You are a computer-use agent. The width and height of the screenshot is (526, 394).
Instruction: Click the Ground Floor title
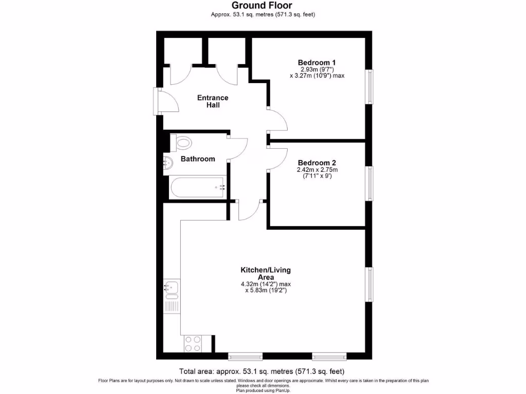point(262,6)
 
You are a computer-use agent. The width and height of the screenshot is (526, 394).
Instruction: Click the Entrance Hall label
point(213,101)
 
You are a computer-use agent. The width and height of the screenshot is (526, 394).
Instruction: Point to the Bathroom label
point(198,159)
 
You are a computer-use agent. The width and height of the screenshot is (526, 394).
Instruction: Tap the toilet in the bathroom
point(181,142)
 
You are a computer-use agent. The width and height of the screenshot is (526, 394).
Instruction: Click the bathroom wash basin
point(168,163)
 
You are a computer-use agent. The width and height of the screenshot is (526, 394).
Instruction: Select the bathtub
point(198,188)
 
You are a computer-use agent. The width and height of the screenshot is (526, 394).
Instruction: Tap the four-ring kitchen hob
point(192,343)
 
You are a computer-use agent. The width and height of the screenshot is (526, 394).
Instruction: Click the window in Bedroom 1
point(369,87)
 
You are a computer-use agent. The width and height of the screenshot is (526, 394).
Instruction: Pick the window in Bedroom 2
point(369,183)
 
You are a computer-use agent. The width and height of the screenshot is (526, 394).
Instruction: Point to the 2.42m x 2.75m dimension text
point(317,170)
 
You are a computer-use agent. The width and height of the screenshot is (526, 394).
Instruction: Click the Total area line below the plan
point(261,371)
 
